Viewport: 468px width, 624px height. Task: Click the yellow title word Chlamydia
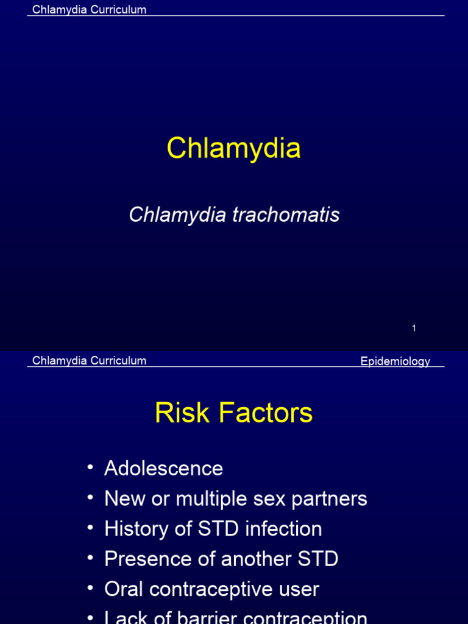[x=233, y=148]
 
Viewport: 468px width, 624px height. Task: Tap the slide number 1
[x=414, y=328]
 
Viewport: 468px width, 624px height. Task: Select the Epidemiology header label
[x=395, y=361]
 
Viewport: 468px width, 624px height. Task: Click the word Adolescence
[x=163, y=469]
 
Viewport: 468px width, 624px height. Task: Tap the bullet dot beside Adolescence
[x=90, y=467]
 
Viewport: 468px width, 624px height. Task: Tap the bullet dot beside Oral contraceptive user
[x=90, y=588]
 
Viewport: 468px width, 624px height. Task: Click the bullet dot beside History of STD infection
[x=90, y=528]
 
